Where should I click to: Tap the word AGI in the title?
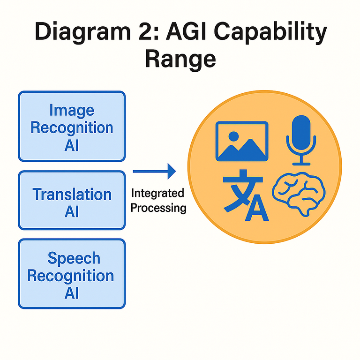202,33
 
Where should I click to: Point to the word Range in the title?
180,60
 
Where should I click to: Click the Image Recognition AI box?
72,127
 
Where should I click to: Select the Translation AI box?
72,200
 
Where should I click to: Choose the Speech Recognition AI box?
72,274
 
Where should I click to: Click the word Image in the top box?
72,111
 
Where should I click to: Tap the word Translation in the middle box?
72,194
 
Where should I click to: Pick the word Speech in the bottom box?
74,258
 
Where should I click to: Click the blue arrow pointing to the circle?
154,172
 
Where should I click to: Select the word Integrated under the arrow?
157,193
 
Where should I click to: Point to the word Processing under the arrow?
158,207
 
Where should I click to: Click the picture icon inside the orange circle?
242,141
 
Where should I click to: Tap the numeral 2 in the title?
160,33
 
